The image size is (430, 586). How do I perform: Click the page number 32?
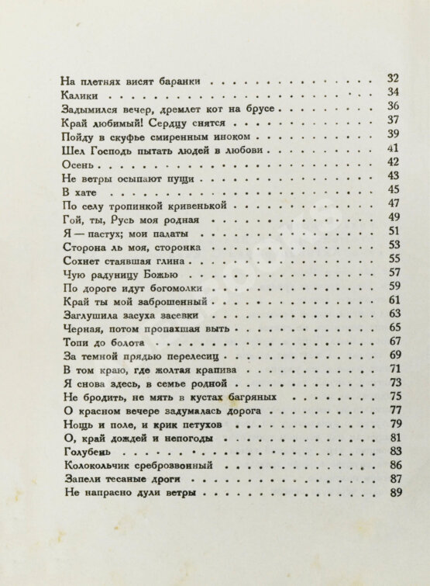[392, 78]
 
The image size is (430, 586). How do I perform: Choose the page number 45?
[394, 190]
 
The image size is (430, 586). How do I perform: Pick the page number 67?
[394, 341]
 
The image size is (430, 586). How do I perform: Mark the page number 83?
[394, 451]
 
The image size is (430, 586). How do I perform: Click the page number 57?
[394, 272]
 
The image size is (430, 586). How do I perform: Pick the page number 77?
[394, 409]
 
